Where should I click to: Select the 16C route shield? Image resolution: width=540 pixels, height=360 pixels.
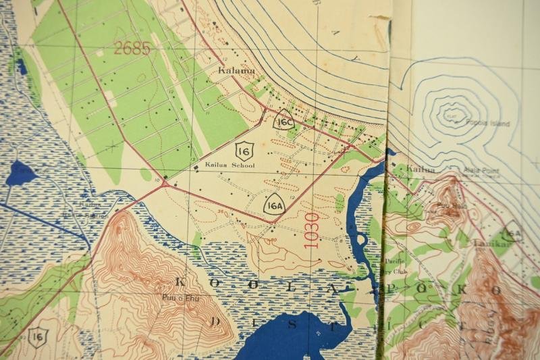(285, 122)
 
